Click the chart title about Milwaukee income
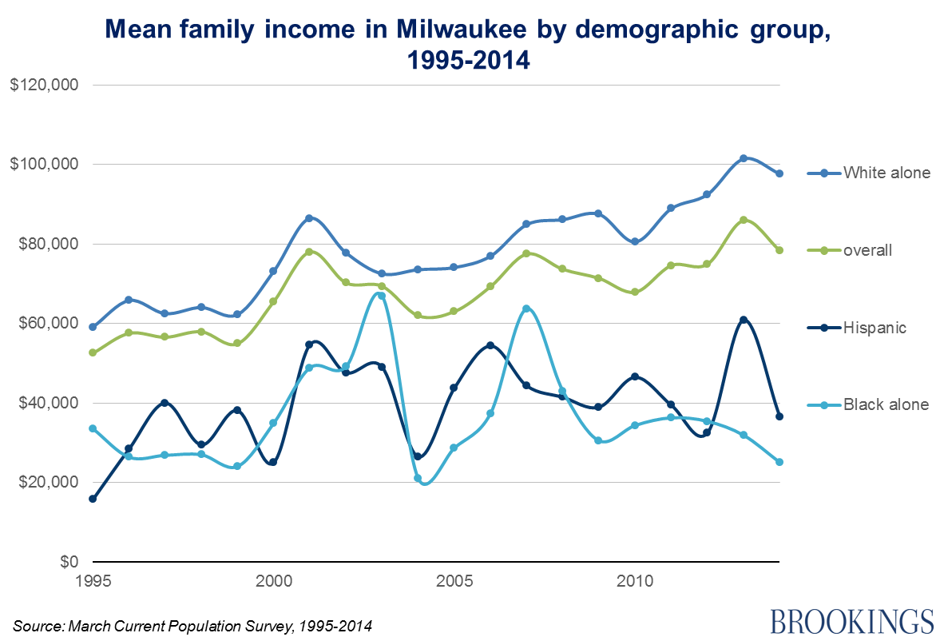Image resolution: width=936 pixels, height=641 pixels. point(468,45)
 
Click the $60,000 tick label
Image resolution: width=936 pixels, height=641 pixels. point(48,323)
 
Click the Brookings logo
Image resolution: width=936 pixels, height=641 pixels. point(851,619)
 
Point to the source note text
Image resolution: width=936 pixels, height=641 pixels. point(192,625)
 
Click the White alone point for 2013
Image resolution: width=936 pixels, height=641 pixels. point(744,158)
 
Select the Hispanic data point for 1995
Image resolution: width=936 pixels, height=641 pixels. point(93,499)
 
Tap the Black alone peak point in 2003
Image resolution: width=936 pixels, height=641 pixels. point(382,296)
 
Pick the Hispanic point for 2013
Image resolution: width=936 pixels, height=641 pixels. point(744,320)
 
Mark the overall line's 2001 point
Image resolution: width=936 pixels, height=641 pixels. point(309,252)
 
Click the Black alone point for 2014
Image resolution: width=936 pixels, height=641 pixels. point(779,462)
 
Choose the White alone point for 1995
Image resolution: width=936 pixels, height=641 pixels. point(93,327)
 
